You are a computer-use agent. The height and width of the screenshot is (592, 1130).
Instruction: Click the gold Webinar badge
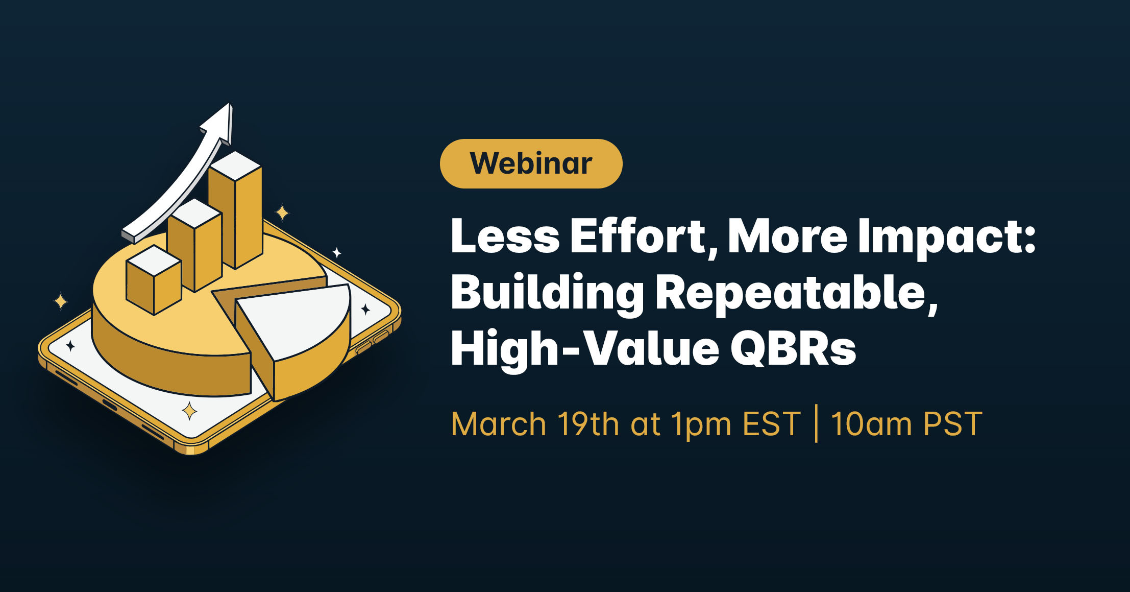pos(531,163)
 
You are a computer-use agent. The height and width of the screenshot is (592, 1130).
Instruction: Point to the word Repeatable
pos(797,293)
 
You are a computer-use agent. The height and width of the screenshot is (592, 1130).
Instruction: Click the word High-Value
pos(585,349)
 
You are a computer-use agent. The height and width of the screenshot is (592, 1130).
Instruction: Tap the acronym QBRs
pos(794,348)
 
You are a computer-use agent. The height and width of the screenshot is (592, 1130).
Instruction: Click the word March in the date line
pos(499,424)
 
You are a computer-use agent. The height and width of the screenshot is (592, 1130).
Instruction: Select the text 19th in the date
pos(588,423)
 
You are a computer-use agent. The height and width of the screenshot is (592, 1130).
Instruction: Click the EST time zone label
pos(772,424)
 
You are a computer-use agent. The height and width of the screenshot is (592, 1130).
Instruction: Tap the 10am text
pos(871,424)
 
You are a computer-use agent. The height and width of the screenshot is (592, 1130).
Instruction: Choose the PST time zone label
pos(952,424)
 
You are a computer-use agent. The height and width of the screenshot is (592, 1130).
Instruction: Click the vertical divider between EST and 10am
pos(816,423)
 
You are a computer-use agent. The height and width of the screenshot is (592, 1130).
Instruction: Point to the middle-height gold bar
pos(195,245)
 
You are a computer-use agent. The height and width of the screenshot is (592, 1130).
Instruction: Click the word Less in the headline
pos(505,236)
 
